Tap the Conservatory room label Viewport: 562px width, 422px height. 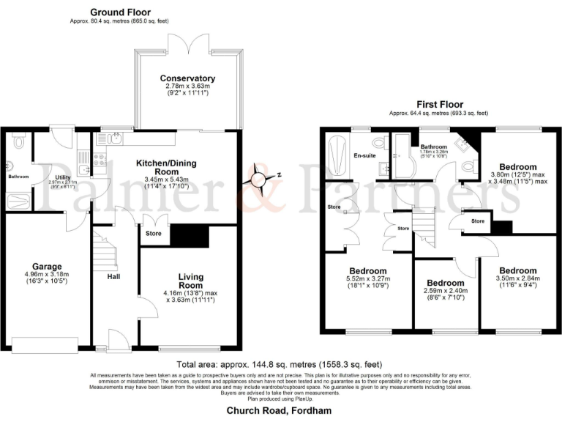click(187, 78)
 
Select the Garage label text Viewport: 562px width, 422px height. click(46, 266)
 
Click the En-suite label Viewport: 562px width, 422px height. click(365, 155)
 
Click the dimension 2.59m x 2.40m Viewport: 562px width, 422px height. click(445, 290)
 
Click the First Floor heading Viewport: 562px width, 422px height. click(438, 105)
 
